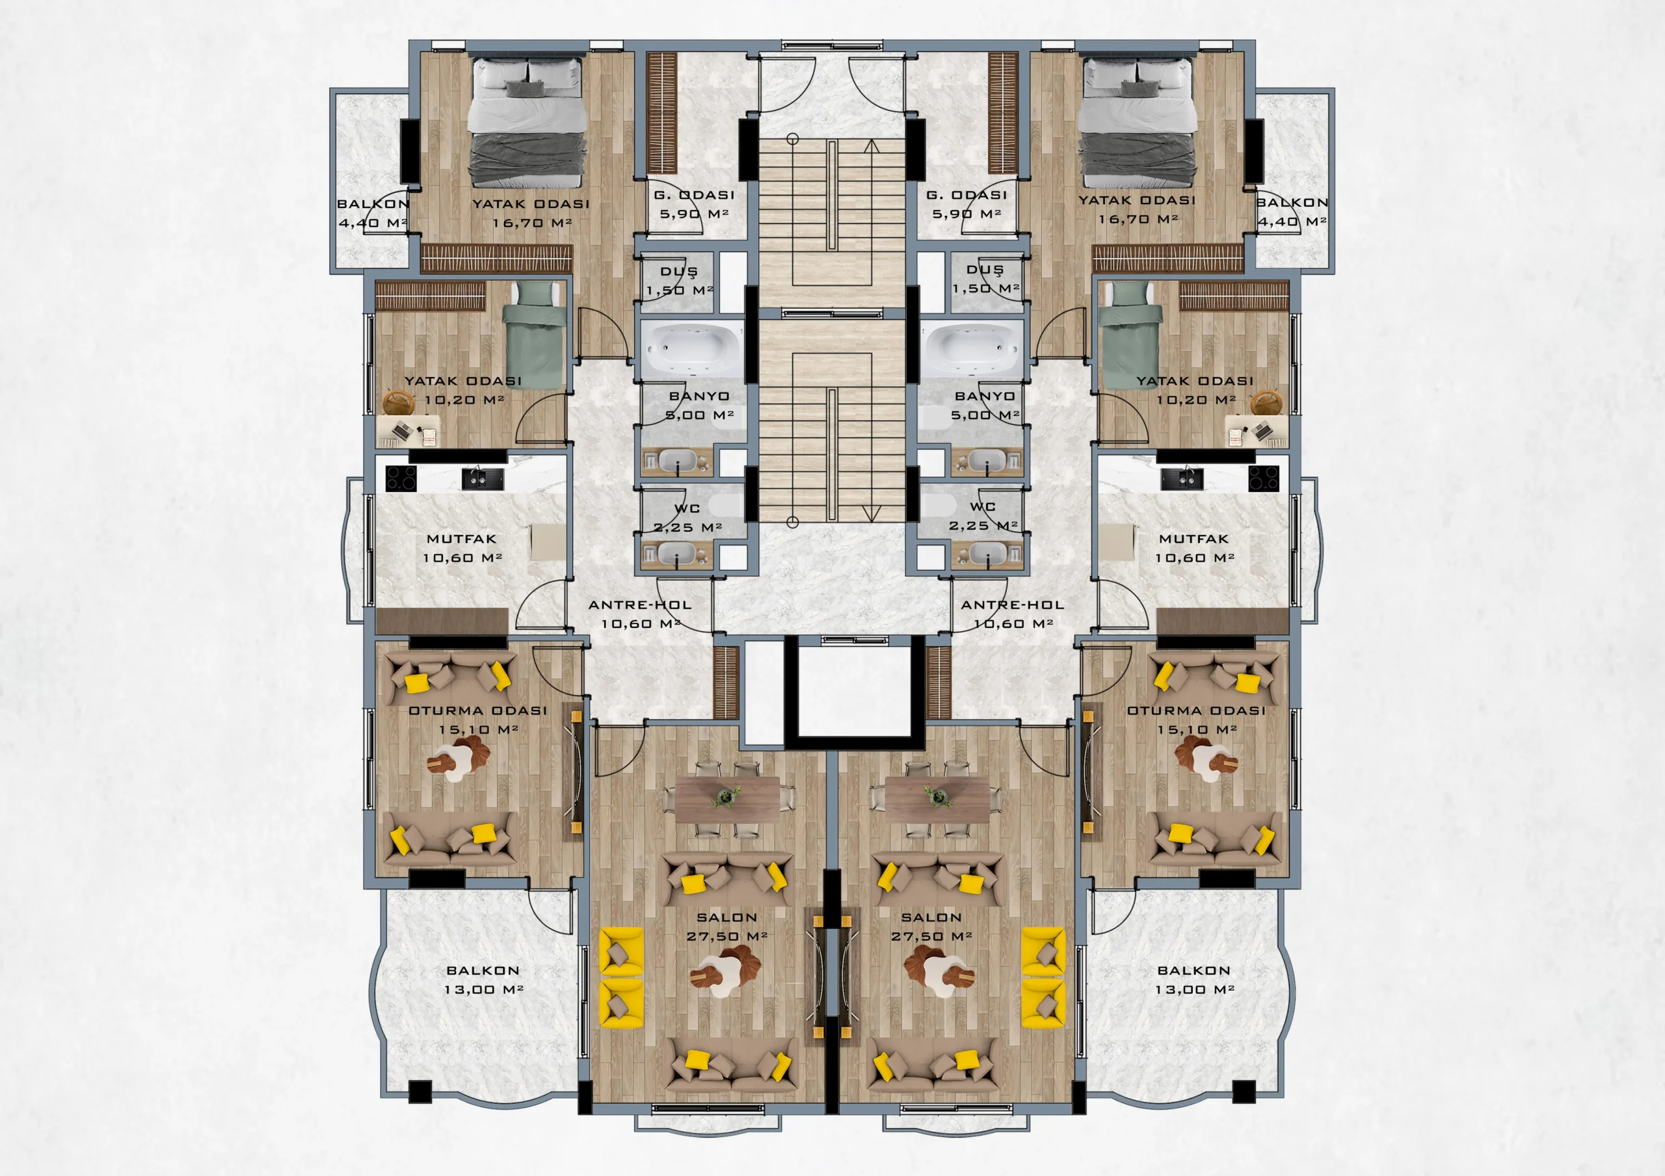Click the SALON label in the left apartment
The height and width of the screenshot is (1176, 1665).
click(x=726, y=917)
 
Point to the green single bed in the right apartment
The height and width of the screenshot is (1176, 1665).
click(x=1131, y=334)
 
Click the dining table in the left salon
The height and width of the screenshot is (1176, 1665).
click(x=727, y=799)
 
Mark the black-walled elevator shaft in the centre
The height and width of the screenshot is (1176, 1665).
click(x=854, y=692)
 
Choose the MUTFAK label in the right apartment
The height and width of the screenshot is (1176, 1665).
click(x=1193, y=539)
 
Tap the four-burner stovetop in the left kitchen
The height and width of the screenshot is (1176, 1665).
click(x=401, y=478)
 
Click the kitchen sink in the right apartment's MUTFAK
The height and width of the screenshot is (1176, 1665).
click(x=1182, y=478)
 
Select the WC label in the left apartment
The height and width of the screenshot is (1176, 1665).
click(x=687, y=508)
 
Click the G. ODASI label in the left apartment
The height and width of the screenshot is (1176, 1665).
click(x=694, y=194)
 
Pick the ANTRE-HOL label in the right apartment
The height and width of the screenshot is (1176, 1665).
click(x=1013, y=605)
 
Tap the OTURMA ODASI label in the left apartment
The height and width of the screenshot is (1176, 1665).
click(x=478, y=711)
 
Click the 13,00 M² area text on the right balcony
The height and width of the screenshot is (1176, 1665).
click(x=1194, y=989)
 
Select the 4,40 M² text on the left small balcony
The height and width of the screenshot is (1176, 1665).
click(x=373, y=222)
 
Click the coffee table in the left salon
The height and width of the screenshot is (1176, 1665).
click(x=725, y=973)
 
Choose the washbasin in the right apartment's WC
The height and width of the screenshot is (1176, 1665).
click(x=987, y=554)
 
